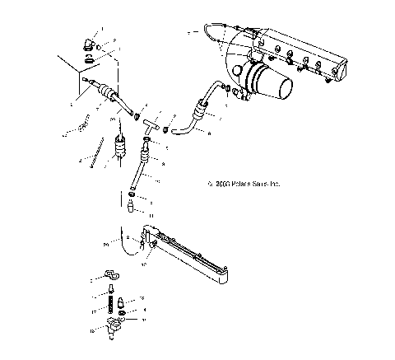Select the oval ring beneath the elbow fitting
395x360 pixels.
click(88, 60)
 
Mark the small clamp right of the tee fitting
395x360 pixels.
click(167, 129)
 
